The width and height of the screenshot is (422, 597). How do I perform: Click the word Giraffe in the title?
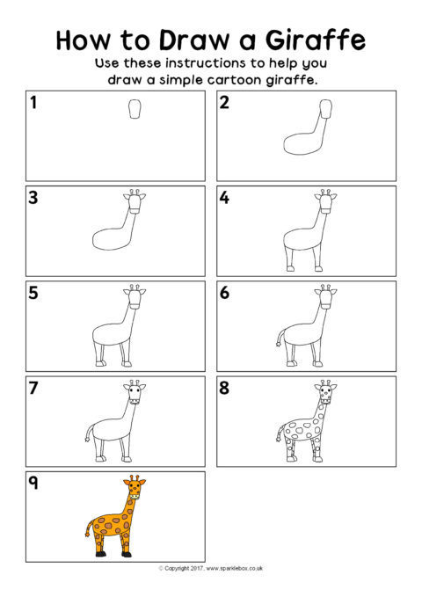pos(316,40)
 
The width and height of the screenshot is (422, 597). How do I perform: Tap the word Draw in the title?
pos(194,40)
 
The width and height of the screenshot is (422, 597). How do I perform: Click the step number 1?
pos(34,102)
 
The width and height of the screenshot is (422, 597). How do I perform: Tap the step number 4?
pos(224,198)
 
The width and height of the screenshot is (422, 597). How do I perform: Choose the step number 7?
pos(33,388)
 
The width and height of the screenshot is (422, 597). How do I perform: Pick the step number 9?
pos(33,483)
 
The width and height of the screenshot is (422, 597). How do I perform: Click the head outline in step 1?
pos(135,109)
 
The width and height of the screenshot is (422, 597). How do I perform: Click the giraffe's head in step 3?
pos(135,201)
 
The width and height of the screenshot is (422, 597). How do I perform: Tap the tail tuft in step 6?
pos(278,345)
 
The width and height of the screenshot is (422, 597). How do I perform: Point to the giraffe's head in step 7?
pos(135,392)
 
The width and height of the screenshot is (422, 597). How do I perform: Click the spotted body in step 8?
pos(301,429)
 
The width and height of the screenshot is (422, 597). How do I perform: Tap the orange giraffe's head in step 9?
pos(135,487)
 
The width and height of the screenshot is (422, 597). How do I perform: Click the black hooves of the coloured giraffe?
pos(113,554)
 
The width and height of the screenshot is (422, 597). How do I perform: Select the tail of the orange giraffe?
pos(90,528)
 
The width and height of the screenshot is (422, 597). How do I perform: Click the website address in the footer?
pos(234,569)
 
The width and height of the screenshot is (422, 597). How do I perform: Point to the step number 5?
pos(33,293)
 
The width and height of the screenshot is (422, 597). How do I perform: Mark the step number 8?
pos(224,388)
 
